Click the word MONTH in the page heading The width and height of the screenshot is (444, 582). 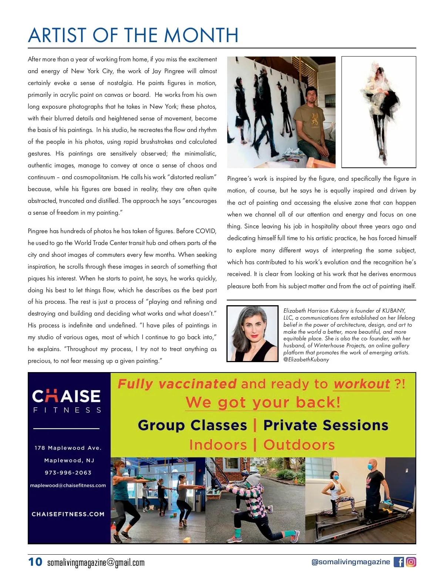(201, 35)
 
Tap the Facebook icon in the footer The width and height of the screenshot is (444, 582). (398, 562)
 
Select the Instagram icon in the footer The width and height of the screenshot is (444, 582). (411, 562)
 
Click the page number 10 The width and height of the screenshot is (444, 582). (35, 562)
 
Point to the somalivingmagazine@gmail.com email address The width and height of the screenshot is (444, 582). (96, 563)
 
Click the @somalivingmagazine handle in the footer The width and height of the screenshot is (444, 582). (350, 562)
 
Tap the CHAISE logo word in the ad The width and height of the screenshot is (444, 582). (66, 396)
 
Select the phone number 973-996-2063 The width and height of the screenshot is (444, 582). (68, 473)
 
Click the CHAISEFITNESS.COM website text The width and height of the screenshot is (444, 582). (68, 514)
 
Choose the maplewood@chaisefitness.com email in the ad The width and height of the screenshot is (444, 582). (68, 486)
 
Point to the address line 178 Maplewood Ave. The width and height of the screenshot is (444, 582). (68, 448)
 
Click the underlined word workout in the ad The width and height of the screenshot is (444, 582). (361, 384)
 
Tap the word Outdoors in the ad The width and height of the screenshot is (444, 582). (299, 445)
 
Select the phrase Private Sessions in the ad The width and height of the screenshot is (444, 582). (326, 425)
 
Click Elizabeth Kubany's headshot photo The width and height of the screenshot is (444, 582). (252, 333)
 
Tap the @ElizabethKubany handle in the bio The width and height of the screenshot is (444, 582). (306, 360)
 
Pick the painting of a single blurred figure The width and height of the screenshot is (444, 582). (379, 112)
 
